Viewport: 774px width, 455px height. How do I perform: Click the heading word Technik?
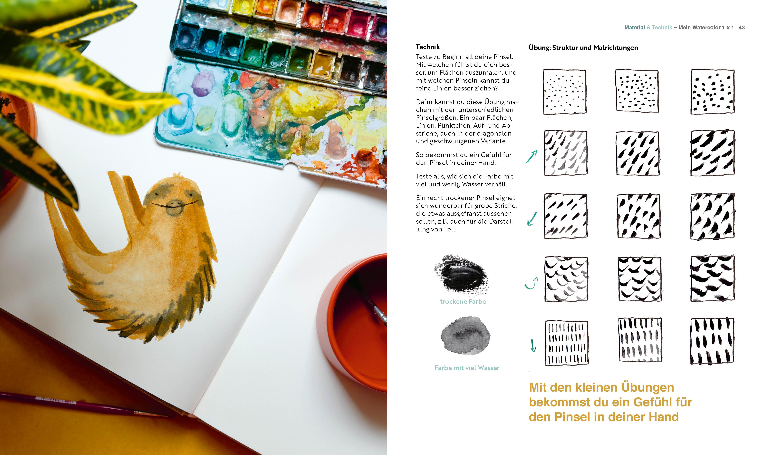(427, 47)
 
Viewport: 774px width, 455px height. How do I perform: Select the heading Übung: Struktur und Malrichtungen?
(583, 48)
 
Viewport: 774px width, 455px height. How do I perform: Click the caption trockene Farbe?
(463, 302)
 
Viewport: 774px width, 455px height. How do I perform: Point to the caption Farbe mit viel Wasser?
(467, 368)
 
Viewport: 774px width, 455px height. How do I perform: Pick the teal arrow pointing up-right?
(532, 156)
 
